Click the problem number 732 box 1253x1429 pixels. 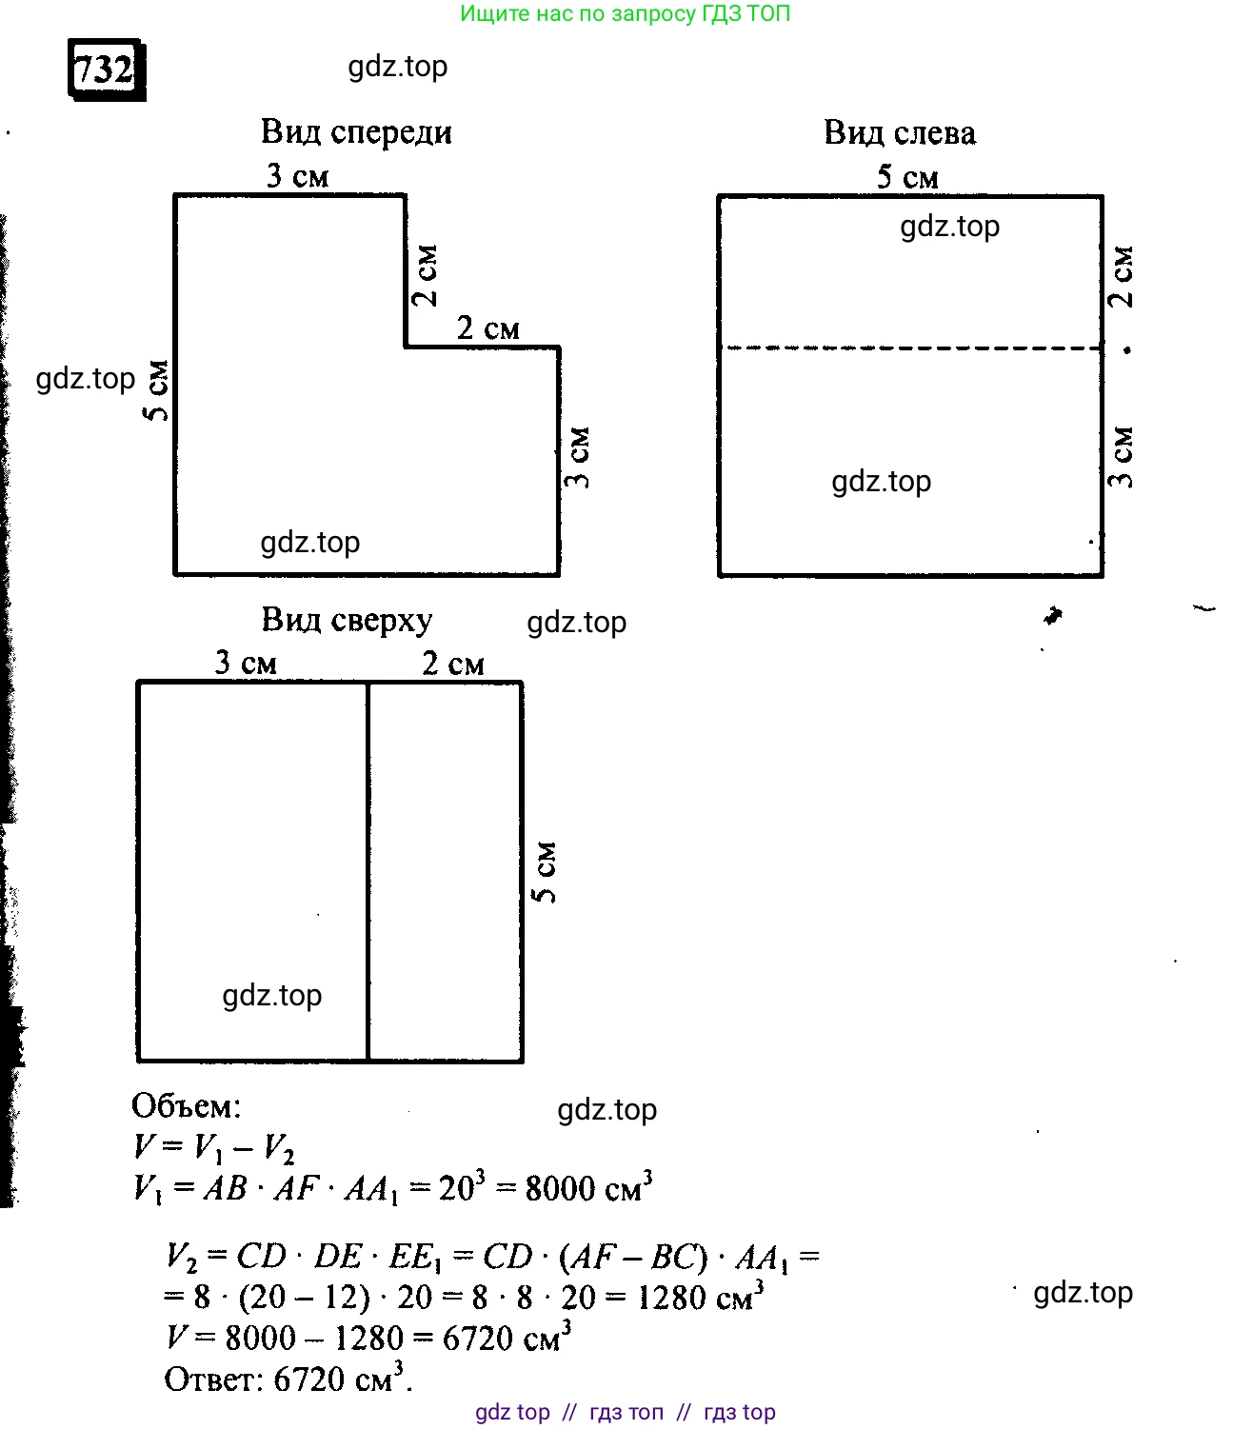pyautogui.click(x=105, y=69)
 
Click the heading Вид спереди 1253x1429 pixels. pyautogui.click(x=356, y=131)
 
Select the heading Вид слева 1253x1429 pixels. pyautogui.click(x=899, y=132)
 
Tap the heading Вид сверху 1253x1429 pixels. pyautogui.click(x=347, y=620)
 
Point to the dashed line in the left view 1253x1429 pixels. pyautogui.click(x=910, y=348)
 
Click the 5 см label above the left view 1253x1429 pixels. pyautogui.click(x=906, y=176)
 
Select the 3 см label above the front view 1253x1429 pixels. pyautogui.click(x=297, y=175)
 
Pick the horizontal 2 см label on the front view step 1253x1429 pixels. pyautogui.click(x=487, y=328)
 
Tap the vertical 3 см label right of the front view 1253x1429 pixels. pyautogui.click(x=577, y=458)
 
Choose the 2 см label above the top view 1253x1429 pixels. pyautogui.click(x=452, y=663)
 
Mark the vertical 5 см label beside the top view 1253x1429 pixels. pyautogui.click(x=545, y=871)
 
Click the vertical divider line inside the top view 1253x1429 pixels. pyautogui.click(x=368, y=871)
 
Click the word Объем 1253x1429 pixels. pyautogui.click(x=186, y=1106)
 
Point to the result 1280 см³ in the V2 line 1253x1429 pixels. pyautogui.click(x=700, y=1297)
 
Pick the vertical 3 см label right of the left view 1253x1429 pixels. pyautogui.click(x=1122, y=458)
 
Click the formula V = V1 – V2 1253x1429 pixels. pyautogui.click(x=214, y=1147)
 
